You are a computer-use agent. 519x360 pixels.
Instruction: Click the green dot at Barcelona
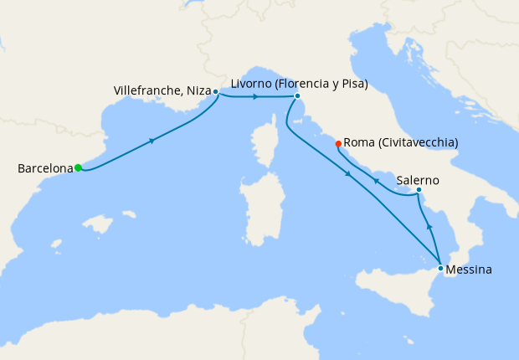click(78, 167)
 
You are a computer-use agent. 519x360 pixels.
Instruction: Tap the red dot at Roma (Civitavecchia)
click(338, 144)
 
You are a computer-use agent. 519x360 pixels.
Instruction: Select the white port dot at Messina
click(440, 269)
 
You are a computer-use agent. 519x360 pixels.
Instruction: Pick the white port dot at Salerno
click(419, 190)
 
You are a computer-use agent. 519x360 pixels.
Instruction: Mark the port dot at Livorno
click(297, 95)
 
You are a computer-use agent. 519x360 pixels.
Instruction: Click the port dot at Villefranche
click(216, 91)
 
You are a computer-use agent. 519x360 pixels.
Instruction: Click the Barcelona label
click(45, 168)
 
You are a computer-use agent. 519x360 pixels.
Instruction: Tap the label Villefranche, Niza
click(161, 90)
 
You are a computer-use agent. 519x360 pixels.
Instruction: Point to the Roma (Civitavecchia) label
click(401, 143)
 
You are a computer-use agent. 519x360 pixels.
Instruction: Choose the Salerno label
click(418, 180)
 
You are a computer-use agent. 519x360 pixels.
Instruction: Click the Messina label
click(469, 270)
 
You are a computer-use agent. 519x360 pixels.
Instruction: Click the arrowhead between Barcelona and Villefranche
click(152, 141)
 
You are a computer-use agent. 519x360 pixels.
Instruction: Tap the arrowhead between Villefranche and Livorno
click(254, 96)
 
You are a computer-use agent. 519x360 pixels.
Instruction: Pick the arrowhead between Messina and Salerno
click(429, 226)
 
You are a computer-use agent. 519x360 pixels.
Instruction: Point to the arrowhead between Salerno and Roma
click(376, 181)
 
